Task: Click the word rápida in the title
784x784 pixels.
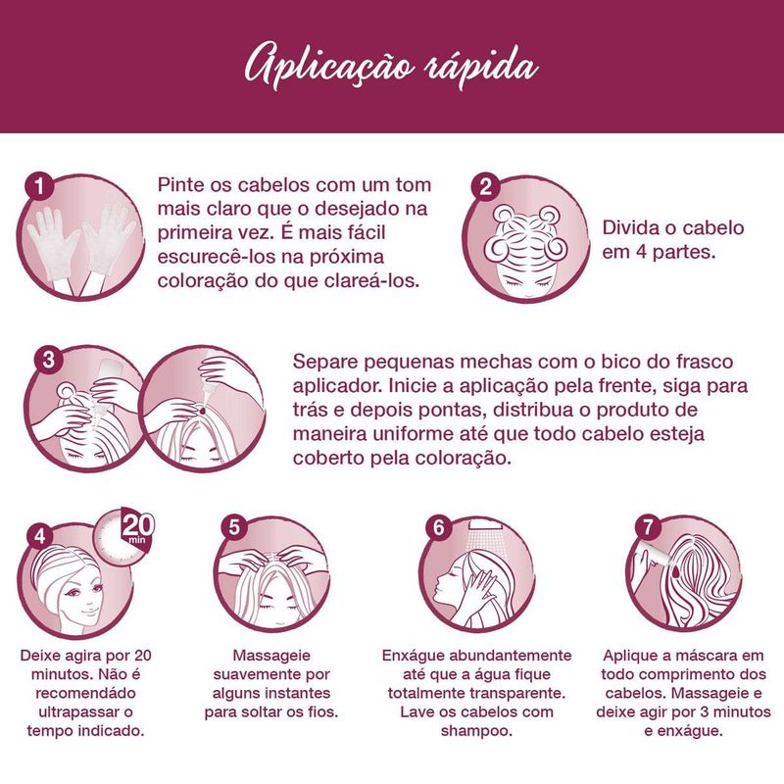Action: click(481, 67)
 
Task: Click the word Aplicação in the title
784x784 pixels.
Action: click(329, 69)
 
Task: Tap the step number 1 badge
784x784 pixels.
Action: click(39, 187)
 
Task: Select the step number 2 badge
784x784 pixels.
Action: click(485, 187)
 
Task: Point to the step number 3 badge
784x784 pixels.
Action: click(48, 359)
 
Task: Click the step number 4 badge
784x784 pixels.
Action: click(40, 536)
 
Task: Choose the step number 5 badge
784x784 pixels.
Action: click(234, 527)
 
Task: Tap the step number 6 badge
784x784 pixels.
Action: click(439, 527)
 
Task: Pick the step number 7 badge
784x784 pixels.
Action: click(648, 526)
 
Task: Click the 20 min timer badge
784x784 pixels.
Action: click(125, 536)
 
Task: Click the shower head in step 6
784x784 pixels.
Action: click(484, 526)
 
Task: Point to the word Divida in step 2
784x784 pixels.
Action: click(630, 228)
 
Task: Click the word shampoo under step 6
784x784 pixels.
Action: click(476, 731)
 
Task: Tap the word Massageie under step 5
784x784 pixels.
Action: click(271, 656)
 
